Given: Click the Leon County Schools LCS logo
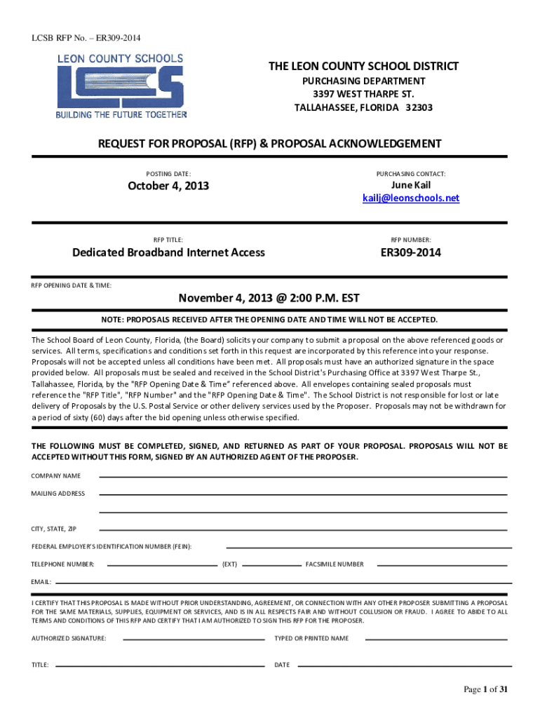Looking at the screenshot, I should click(x=121, y=86).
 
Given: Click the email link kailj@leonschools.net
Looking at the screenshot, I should click(x=410, y=198).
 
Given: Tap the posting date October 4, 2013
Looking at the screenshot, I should click(x=168, y=186).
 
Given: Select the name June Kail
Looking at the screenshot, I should click(x=411, y=185).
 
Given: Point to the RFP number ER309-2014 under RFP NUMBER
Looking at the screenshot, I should click(x=410, y=252).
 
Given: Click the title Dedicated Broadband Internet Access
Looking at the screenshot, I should click(x=168, y=252).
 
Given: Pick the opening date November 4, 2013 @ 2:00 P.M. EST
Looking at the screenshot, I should click(x=269, y=299).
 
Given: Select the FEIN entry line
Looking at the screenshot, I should click(x=365, y=546).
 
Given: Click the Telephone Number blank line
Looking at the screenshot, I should click(x=161, y=564).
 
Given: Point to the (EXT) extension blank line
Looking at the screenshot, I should click(x=271, y=564).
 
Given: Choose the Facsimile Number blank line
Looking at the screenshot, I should click(x=442, y=564).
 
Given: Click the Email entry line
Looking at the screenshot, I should click(x=281, y=582).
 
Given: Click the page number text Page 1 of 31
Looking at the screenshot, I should click(x=485, y=690).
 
